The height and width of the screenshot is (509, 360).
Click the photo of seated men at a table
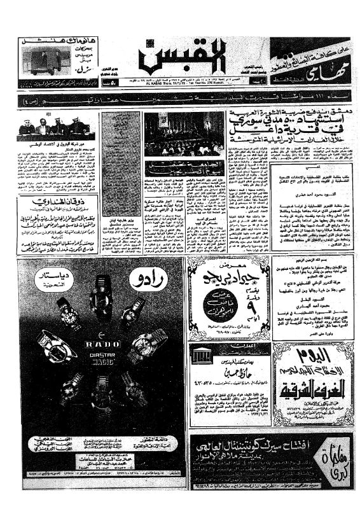point(53,127)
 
